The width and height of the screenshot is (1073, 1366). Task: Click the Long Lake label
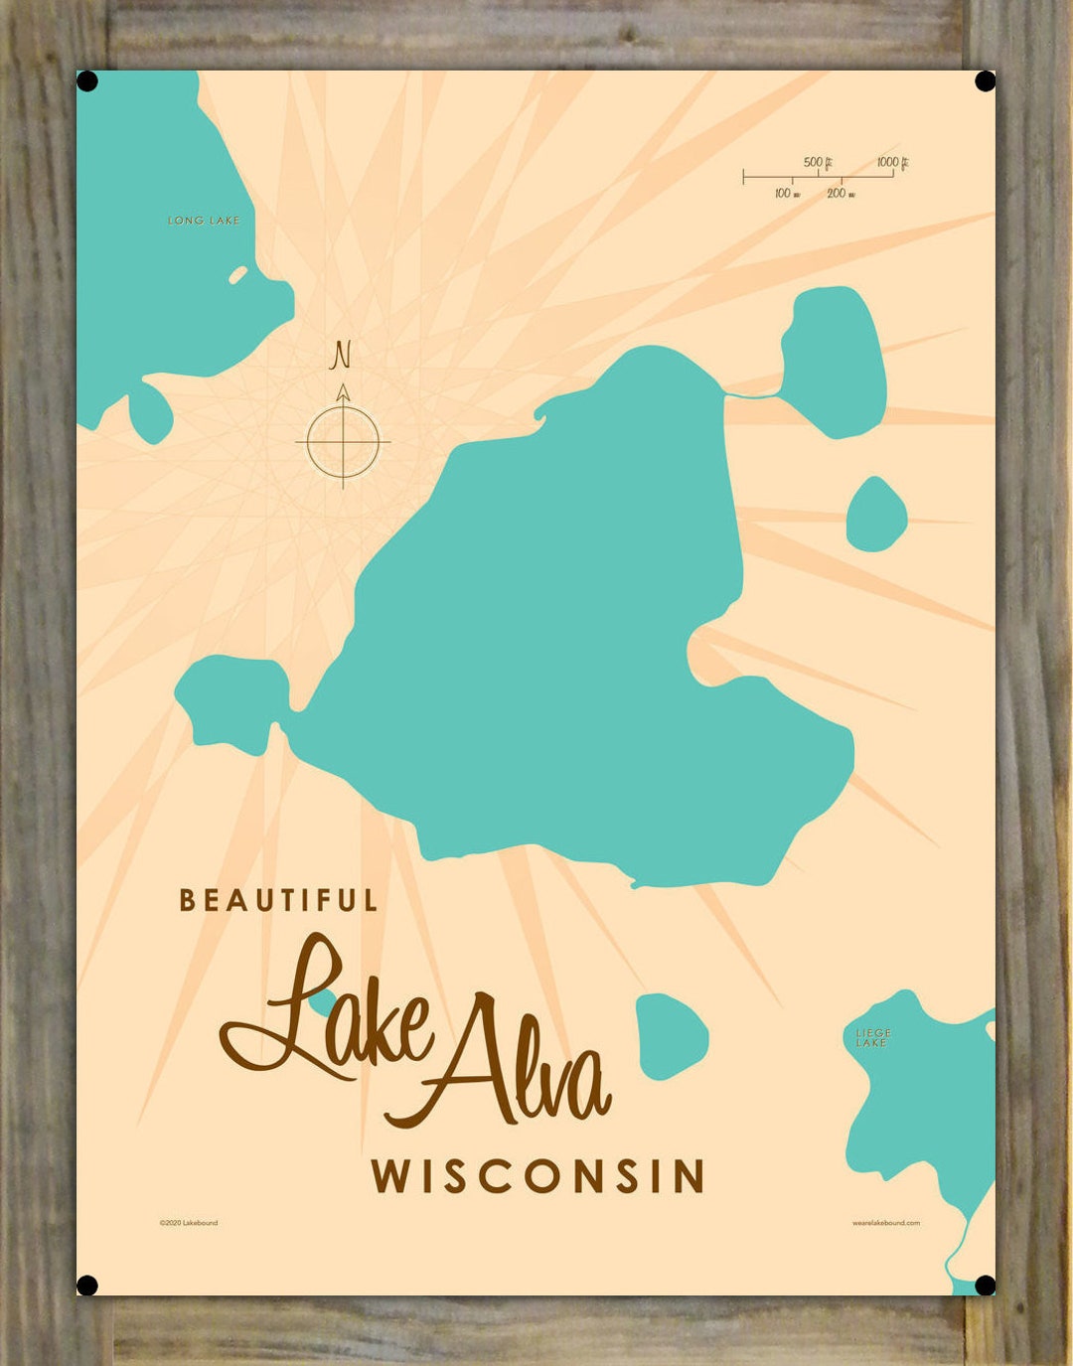204,221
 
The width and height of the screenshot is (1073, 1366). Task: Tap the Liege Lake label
872,1038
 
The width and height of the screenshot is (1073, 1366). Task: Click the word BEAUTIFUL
278,901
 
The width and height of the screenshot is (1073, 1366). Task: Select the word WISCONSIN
537,1176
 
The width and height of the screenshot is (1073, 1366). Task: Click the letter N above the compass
341,355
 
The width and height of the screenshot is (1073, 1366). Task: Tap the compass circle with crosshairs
343,441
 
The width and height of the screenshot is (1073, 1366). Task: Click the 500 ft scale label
817,162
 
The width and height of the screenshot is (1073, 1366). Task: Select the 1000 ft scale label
892,162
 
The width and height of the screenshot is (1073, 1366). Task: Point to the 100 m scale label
787,193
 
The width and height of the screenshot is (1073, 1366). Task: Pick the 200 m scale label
841,193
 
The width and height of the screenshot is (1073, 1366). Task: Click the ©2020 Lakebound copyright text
188,1223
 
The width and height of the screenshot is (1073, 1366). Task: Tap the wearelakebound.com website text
885,1223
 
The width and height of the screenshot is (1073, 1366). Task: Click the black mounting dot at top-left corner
87,81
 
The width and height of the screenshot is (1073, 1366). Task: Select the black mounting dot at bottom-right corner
985,1286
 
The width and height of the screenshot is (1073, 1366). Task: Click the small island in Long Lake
238,274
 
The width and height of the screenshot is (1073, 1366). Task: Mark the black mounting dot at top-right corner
985,81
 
